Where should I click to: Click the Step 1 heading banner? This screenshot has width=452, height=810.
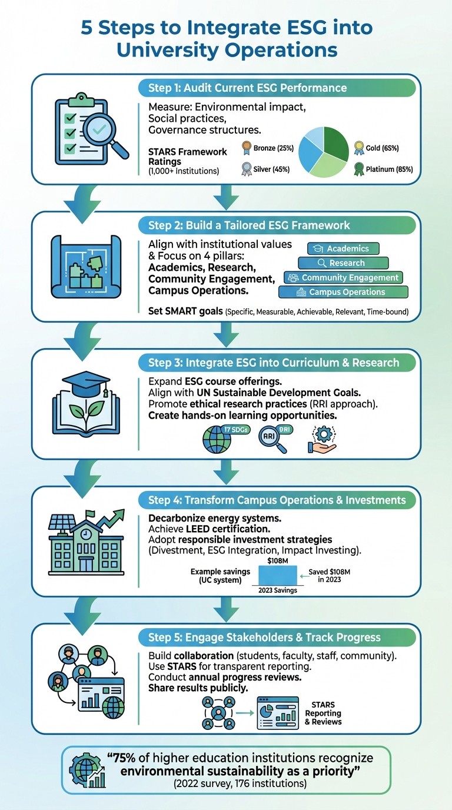pyautogui.click(x=277, y=88)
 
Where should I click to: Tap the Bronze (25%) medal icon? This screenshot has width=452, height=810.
pyautogui.click(x=247, y=148)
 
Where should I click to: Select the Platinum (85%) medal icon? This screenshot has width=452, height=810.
pyautogui.click(x=358, y=170)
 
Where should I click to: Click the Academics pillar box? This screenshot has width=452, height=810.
pyautogui.click(x=343, y=248)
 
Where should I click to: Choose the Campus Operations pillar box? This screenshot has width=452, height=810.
pyautogui.click(x=343, y=292)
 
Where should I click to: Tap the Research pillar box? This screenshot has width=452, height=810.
pyautogui.click(x=343, y=263)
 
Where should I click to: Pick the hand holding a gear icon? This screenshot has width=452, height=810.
pyautogui.click(x=321, y=439)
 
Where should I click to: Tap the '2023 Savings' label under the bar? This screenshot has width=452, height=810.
pyautogui.click(x=277, y=590)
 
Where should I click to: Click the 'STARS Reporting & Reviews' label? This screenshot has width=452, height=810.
pyautogui.click(x=323, y=713)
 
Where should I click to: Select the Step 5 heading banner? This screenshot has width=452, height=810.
pyautogui.click(x=277, y=638)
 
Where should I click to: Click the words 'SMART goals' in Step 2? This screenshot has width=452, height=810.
pyautogui.click(x=185, y=311)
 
